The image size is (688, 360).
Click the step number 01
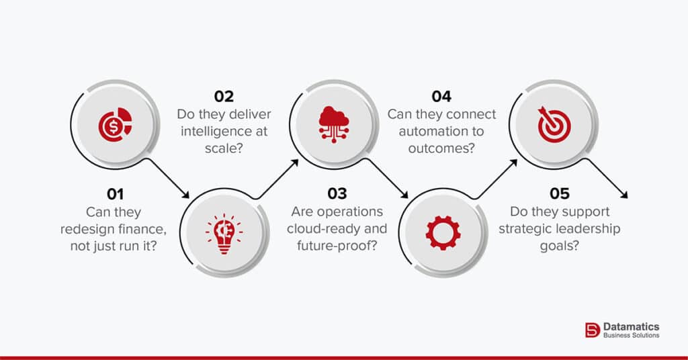pos(116,194)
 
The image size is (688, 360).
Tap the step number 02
pos(224,96)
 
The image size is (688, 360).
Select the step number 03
pos(337,194)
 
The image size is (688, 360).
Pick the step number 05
pos(560,194)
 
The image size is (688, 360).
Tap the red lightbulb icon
pos(224,232)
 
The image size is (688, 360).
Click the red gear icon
pos(443,232)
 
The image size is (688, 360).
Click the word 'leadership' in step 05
pos(590,229)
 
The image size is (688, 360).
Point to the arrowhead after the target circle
pos(624,195)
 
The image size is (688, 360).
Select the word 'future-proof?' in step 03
pos(337,246)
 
